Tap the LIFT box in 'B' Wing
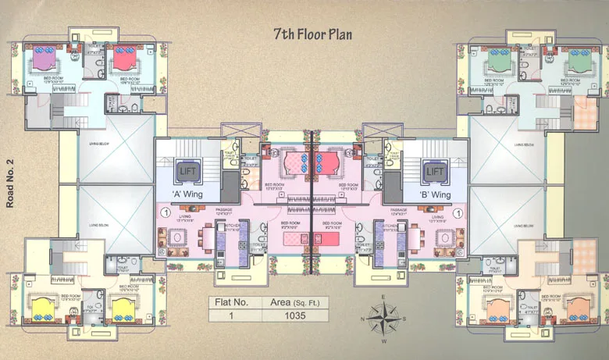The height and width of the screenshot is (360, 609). click(x=434, y=170)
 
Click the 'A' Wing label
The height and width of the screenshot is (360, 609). click(x=188, y=193)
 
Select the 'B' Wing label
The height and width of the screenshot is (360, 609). click(x=435, y=193)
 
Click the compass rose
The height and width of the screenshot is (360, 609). click(x=383, y=319)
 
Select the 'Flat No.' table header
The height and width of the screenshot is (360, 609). click(x=231, y=301)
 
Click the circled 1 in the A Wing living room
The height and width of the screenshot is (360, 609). click(x=165, y=211)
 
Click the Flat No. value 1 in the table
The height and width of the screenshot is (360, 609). click(x=231, y=315)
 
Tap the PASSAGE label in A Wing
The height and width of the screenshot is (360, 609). click(x=223, y=211)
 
